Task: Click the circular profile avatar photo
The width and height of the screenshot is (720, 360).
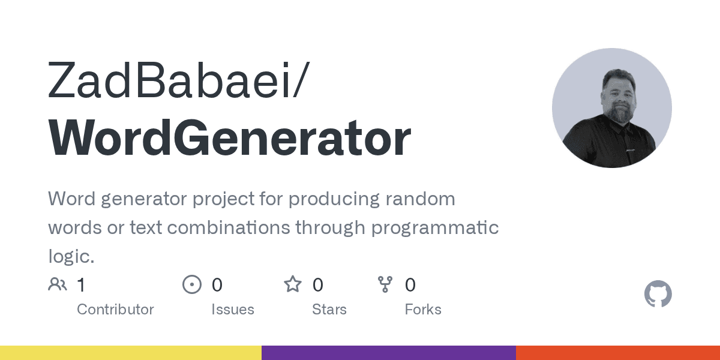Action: pos(611,108)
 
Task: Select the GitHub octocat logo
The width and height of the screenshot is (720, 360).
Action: pos(658,295)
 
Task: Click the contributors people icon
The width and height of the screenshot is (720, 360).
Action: pos(58,284)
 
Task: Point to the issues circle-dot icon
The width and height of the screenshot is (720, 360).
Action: pos(191,284)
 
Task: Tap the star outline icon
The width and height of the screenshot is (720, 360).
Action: pos(293,284)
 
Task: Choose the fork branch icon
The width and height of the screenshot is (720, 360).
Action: pos(385,284)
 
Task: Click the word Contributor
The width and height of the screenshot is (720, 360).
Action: pos(115,310)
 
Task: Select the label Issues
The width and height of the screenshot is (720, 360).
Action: pos(233,310)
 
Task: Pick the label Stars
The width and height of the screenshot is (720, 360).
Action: pos(329,310)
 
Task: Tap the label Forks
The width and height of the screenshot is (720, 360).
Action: pos(423,310)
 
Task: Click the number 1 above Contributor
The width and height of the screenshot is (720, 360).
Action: pos(81,284)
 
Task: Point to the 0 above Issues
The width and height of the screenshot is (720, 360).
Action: pos(217,284)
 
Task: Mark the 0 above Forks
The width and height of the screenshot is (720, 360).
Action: pos(410,284)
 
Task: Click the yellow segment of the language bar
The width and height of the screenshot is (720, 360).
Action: pos(131,353)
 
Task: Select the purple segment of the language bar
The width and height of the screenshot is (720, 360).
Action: pos(389,353)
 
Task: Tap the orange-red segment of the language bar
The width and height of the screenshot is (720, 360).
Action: pos(618,353)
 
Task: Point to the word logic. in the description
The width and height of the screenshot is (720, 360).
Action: pos(71,257)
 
